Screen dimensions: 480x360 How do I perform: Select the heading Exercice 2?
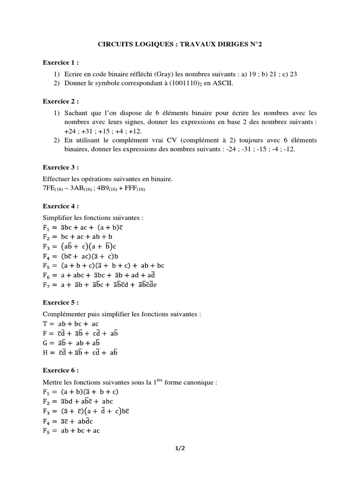[x=61, y=101]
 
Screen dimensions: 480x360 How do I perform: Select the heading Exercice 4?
[x=61, y=206]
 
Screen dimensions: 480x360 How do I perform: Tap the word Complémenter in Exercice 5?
[x=66, y=314]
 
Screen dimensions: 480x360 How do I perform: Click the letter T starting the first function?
[x=45, y=323]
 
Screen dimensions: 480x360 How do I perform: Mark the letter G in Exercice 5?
[x=45, y=343]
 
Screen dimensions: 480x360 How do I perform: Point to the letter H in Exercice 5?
[x=45, y=352]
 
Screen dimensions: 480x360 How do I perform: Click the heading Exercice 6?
[x=61, y=370]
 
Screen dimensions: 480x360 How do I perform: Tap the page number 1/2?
[x=180, y=449]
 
